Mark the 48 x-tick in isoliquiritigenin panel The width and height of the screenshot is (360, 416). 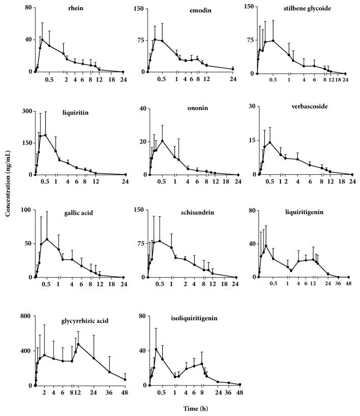(x=240, y=393)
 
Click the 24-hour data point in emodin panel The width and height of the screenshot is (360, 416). (x=233, y=69)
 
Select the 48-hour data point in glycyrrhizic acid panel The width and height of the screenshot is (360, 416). (x=125, y=380)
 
